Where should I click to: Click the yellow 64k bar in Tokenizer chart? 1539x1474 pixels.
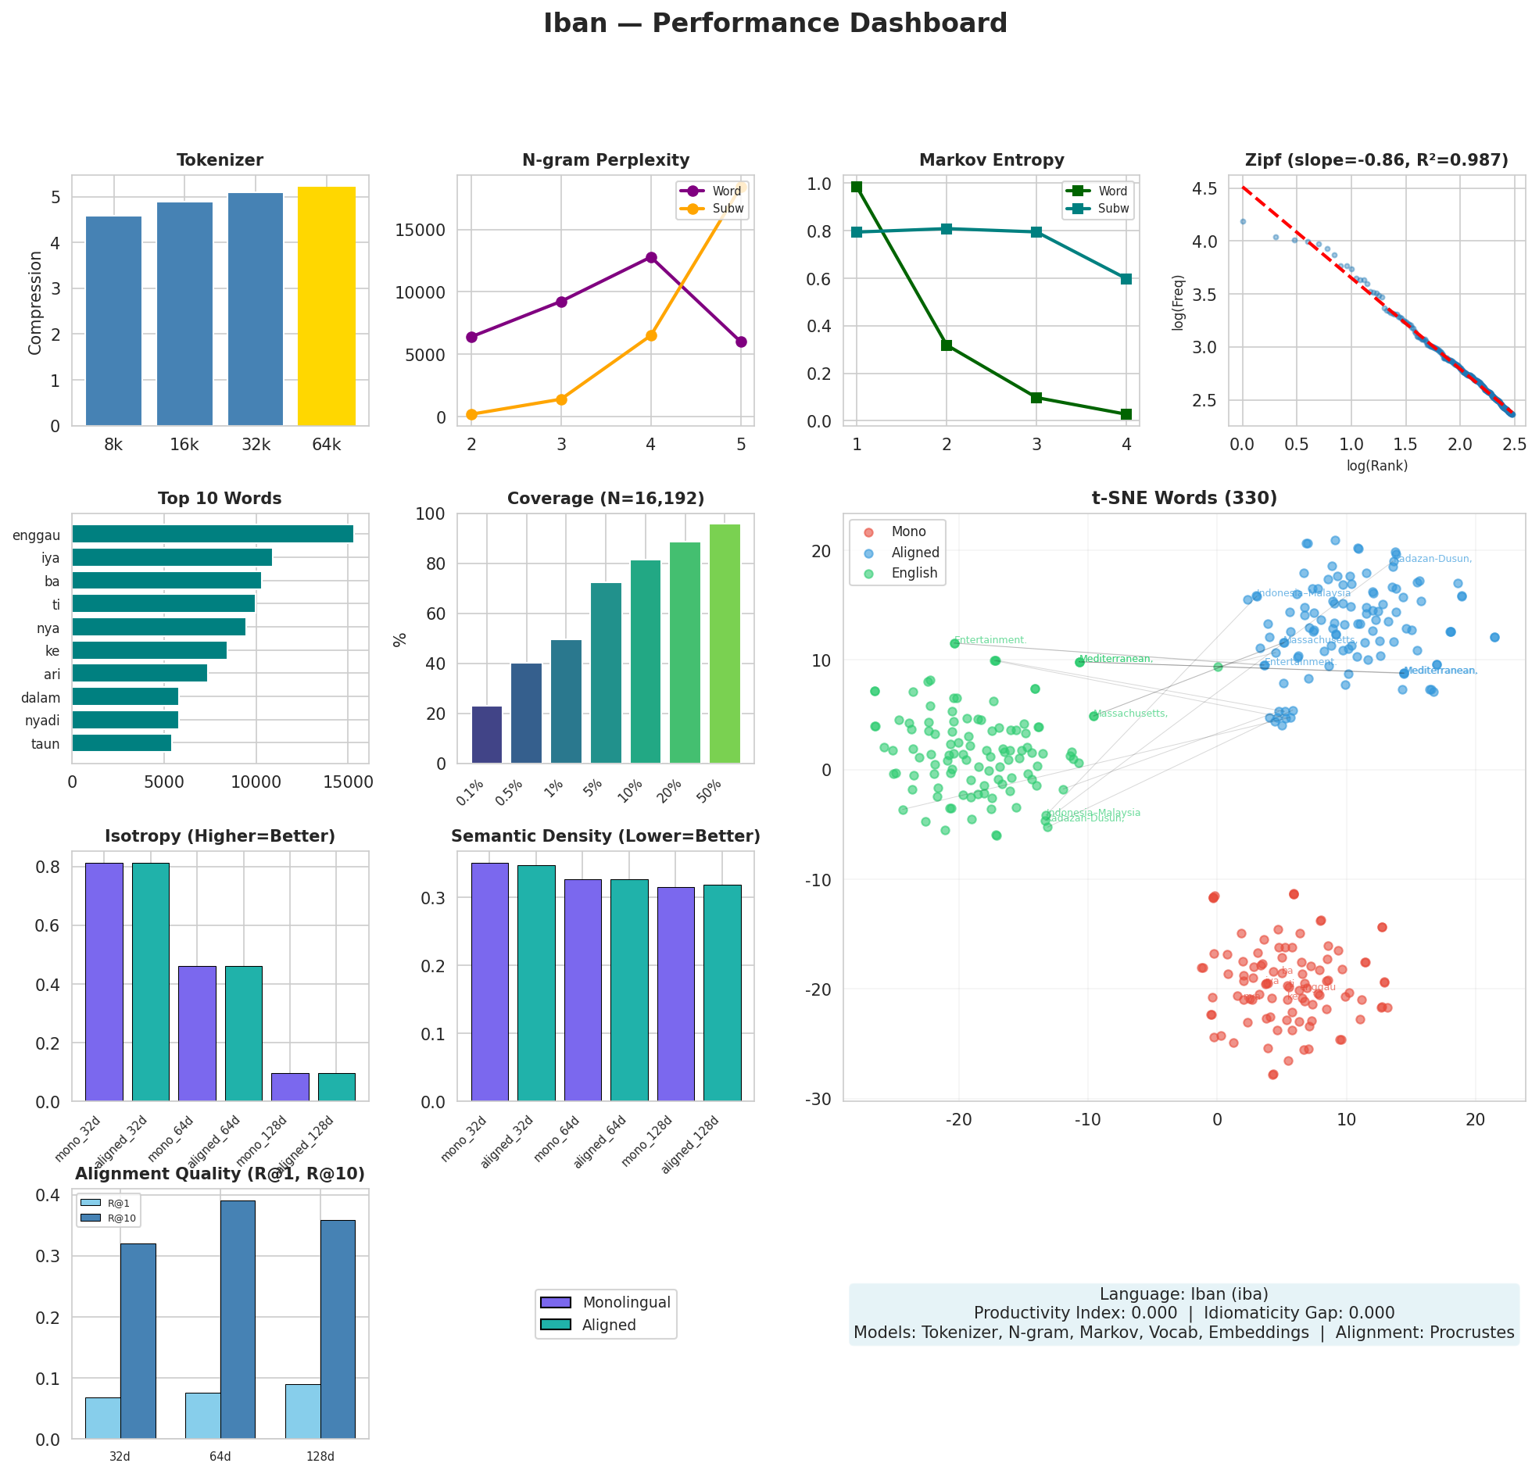click(326, 306)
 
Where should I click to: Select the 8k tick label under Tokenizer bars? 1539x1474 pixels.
click(113, 445)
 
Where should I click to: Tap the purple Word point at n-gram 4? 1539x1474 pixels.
click(651, 258)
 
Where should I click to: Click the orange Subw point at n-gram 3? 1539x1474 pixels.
click(561, 399)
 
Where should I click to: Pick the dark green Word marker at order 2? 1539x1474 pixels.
click(947, 345)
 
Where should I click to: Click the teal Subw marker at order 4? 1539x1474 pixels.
click(1126, 279)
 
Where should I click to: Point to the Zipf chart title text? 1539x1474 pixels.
click(1376, 160)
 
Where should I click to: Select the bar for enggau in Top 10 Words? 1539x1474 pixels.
click(212, 535)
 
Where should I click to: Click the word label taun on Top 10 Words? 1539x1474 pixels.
click(45, 744)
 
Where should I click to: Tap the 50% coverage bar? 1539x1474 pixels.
click(724, 643)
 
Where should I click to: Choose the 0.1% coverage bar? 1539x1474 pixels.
click(486, 734)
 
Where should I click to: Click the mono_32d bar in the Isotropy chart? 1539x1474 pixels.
click(104, 982)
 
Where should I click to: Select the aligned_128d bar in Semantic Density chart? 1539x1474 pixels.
click(721, 993)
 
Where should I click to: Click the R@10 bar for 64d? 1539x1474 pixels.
click(237, 1319)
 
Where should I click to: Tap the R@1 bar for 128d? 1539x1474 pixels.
click(302, 1411)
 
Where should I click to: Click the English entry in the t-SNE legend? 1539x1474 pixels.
click(914, 574)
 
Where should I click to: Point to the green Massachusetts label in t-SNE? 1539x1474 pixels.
click(1130, 713)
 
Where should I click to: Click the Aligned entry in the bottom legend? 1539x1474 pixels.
click(609, 1325)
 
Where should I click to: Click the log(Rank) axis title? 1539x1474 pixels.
click(1376, 466)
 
